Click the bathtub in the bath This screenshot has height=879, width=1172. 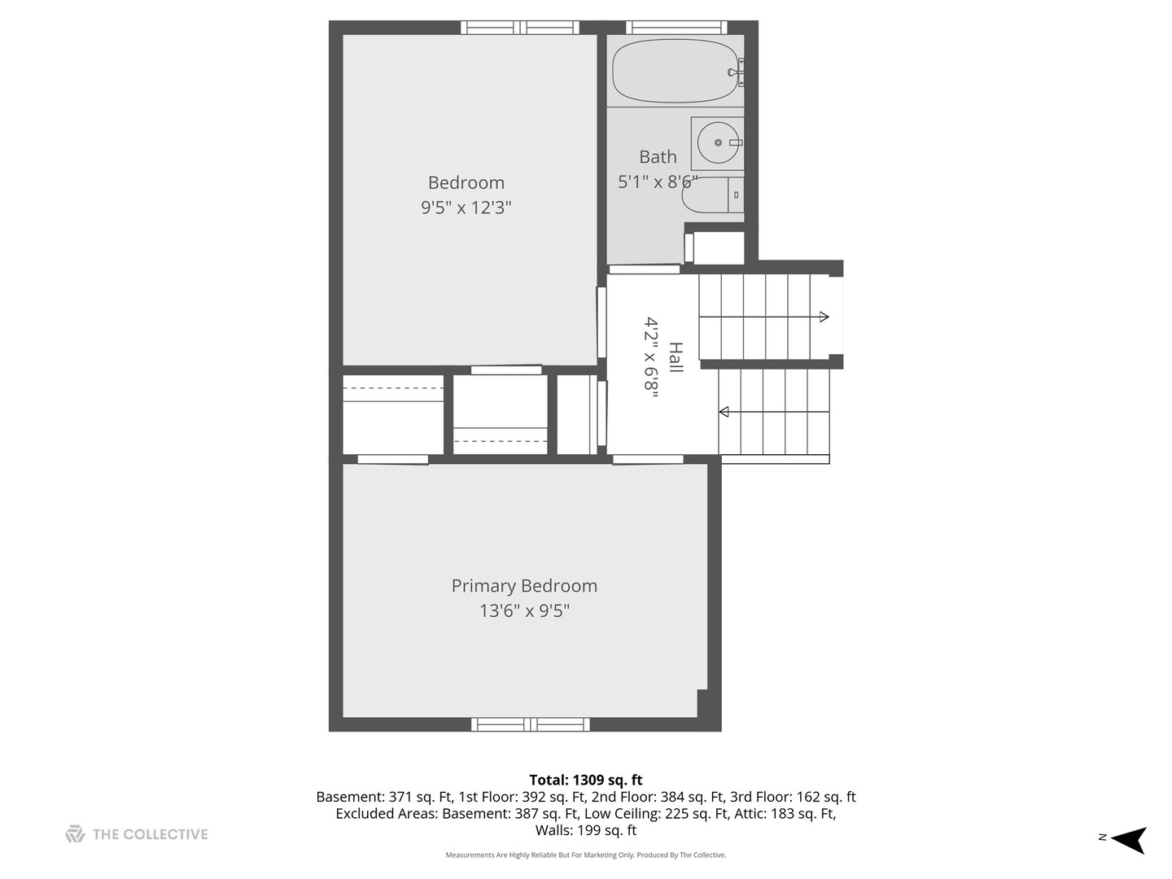[676, 72]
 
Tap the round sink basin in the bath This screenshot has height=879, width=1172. [718, 143]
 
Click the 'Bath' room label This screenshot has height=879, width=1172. [658, 157]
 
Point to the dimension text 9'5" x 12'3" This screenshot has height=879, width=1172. [466, 208]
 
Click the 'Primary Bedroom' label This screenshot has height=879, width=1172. [524, 586]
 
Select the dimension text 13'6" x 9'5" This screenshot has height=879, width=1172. [524, 610]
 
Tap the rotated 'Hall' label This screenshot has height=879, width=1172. [676, 358]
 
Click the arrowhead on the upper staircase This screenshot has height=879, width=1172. [824, 317]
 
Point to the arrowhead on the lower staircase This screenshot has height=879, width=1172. [724, 412]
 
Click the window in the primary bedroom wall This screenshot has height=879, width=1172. [531, 724]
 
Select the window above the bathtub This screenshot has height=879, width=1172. [676, 28]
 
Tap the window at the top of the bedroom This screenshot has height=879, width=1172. [520, 28]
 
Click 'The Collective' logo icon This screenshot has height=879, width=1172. [75, 834]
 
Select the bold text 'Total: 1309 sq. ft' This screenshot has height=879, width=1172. [586, 780]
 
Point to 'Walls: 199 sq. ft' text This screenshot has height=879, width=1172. [586, 830]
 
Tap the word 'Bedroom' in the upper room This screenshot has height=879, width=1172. [466, 182]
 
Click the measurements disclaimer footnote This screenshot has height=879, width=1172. [586, 855]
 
